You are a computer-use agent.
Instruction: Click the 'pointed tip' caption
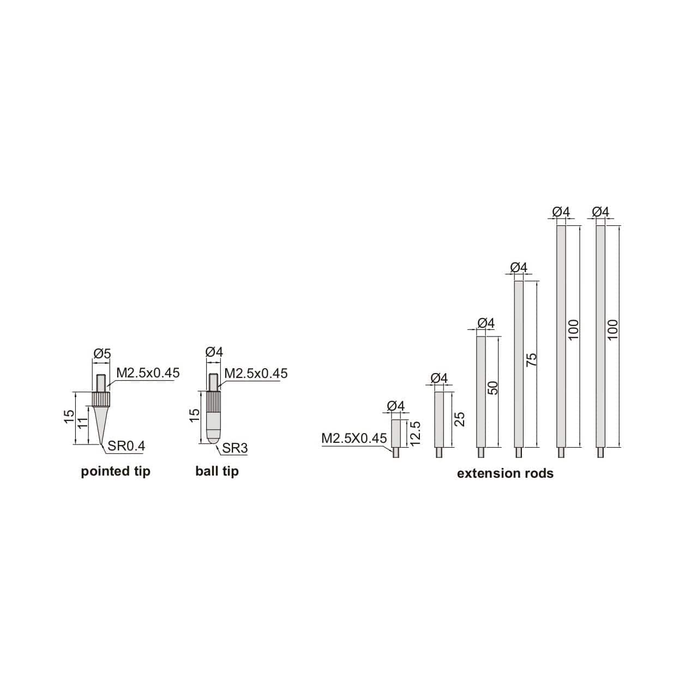coord(115,471)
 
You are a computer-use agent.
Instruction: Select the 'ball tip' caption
coord(217,471)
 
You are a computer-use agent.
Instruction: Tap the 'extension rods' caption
coord(505,473)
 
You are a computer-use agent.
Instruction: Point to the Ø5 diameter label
coord(102,354)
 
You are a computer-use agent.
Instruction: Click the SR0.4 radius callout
coord(126,446)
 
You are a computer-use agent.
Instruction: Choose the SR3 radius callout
coord(235,448)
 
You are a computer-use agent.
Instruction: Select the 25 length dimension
coord(460,419)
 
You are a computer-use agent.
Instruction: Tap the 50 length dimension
coord(493,388)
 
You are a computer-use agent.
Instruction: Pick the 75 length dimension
coord(532,360)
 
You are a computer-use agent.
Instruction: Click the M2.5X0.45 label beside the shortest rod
coord(354,438)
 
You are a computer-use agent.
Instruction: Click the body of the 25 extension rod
coord(439,419)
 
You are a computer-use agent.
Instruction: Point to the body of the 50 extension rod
coord(481,392)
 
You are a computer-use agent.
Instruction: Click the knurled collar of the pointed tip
coord(101,400)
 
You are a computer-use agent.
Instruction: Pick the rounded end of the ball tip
coord(214,436)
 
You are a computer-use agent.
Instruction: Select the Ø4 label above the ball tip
coord(214,352)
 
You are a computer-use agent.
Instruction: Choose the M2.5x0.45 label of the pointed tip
coord(148,373)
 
